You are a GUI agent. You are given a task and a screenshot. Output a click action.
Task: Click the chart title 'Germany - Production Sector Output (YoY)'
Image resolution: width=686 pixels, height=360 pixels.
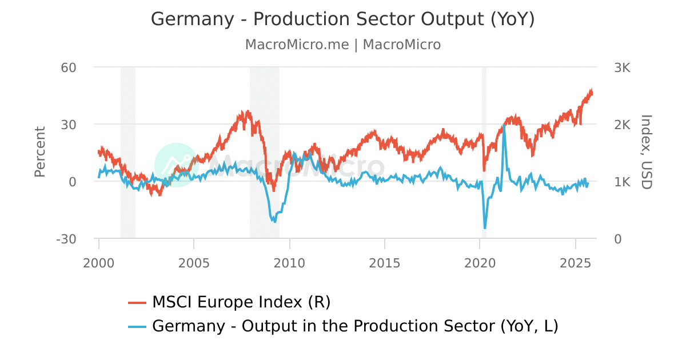click(x=343, y=19)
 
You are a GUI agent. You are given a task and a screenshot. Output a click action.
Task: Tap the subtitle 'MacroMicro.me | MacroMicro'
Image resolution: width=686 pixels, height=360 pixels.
click(x=343, y=45)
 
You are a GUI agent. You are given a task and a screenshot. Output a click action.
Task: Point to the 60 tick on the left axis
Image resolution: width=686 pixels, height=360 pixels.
click(x=69, y=67)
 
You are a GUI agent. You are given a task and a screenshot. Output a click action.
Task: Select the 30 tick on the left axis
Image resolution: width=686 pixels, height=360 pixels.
click(x=69, y=125)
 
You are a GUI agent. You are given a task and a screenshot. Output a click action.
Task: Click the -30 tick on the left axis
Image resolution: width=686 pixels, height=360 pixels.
click(x=66, y=239)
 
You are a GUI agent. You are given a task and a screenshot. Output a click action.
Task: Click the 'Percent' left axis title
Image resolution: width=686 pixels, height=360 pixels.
click(x=39, y=152)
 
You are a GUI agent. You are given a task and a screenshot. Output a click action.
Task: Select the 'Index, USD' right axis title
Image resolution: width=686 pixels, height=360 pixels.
click(x=646, y=152)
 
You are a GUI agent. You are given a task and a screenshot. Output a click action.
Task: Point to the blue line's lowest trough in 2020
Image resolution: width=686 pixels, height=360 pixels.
click(x=485, y=229)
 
